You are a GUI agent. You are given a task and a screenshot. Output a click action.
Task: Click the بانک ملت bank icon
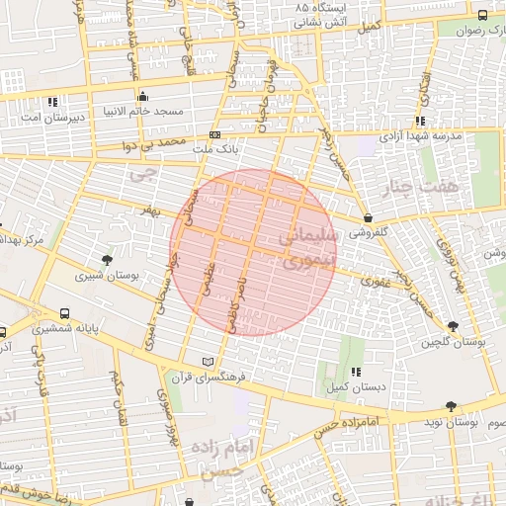(214, 134)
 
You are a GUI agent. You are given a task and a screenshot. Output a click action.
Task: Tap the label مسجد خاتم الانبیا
(146, 112)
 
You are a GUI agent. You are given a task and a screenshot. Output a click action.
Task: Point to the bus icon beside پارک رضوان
(482, 16)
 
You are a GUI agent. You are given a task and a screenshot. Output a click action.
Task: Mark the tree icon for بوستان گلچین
(453, 326)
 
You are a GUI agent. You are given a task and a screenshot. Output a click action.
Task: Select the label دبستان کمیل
(353, 386)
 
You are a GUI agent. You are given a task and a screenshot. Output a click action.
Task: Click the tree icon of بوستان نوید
(452, 406)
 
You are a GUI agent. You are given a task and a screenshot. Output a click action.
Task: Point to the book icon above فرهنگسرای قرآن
(207, 362)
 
